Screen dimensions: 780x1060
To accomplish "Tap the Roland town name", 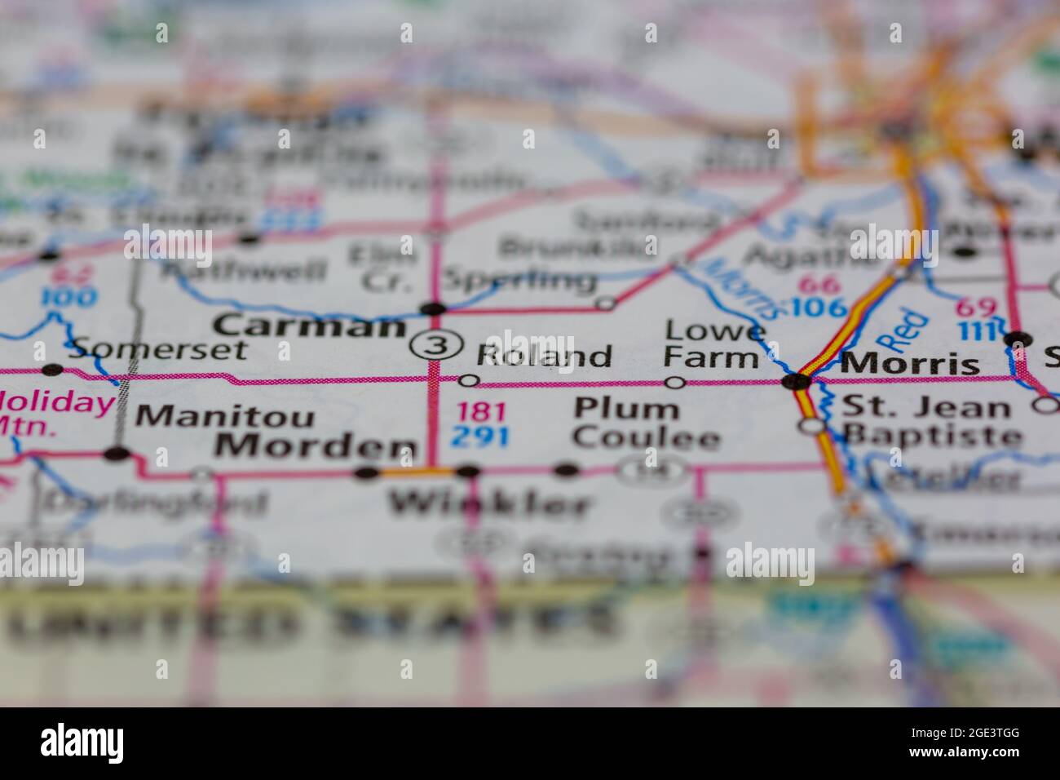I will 544,357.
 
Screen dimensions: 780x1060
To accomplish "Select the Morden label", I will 316,446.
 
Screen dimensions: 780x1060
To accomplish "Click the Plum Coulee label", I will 646,423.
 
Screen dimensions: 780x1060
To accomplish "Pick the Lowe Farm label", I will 713,343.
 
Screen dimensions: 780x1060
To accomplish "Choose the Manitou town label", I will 225,416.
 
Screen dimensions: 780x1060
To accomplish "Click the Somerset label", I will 157,349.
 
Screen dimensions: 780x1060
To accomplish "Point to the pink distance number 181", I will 481,411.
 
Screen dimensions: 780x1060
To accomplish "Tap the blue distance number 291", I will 481,437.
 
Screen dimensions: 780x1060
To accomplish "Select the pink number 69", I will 975,308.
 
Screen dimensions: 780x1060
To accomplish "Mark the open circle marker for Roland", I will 469,380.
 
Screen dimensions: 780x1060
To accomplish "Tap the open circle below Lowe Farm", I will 675,382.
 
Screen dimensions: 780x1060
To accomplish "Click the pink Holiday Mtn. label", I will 55,413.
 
